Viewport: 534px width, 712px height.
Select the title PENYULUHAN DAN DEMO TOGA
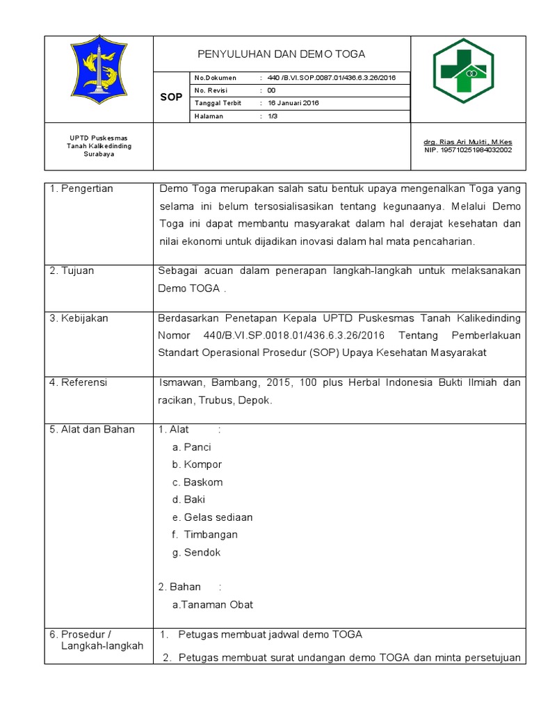(x=282, y=54)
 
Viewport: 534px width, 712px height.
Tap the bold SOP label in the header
(x=171, y=97)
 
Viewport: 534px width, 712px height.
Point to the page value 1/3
(x=273, y=117)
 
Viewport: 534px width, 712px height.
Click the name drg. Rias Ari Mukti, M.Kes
(x=467, y=142)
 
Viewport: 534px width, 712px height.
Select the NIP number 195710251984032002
(x=467, y=149)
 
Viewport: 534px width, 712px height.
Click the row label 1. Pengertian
(x=81, y=188)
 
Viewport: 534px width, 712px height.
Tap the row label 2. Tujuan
(x=72, y=270)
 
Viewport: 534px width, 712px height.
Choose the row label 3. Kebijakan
(x=79, y=318)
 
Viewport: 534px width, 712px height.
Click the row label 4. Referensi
(x=79, y=382)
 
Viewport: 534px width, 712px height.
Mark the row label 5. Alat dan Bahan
(x=92, y=429)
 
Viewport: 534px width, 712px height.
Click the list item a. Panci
(x=192, y=447)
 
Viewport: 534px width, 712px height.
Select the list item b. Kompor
(x=197, y=464)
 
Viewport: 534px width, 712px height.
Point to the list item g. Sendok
(x=197, y=552)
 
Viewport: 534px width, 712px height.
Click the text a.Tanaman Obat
(x=213, y=604)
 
